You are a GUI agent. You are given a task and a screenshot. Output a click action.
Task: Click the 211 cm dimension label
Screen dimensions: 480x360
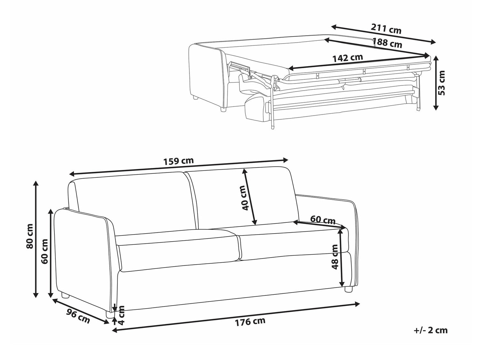coord(386,29)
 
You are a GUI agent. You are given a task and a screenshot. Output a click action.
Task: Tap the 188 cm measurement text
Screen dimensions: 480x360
coord(387,43)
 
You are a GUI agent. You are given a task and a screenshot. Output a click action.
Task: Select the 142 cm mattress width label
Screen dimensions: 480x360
coord(348,58)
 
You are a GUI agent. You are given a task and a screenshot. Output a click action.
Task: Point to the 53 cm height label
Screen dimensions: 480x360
coord(441,83)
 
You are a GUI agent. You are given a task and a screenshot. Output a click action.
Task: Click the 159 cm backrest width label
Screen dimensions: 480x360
coord(179,161)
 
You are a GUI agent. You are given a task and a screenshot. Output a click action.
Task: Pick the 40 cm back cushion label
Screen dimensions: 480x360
coord(244,198)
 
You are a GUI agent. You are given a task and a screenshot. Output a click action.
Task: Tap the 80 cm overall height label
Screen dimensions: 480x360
coord(30,236)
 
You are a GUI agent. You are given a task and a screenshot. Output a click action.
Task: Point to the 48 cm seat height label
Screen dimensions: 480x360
coord(335,257)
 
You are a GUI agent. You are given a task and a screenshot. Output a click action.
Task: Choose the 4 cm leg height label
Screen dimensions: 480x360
coord(121,315)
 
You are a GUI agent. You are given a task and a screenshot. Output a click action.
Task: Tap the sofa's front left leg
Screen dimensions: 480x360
coord(110,314)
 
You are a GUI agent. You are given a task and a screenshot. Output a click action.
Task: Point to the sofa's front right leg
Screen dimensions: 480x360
coord(348,289)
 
